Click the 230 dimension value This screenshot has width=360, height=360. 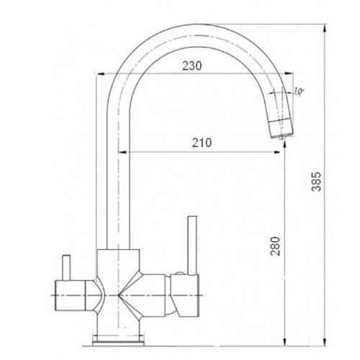192,66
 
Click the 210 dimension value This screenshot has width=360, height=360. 202,143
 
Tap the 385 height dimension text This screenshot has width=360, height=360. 316,181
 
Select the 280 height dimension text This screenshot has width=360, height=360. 275,246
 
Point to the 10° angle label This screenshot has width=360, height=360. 299,91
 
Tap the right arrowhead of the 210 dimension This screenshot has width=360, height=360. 276,152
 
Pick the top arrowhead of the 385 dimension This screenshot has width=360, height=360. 325,29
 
